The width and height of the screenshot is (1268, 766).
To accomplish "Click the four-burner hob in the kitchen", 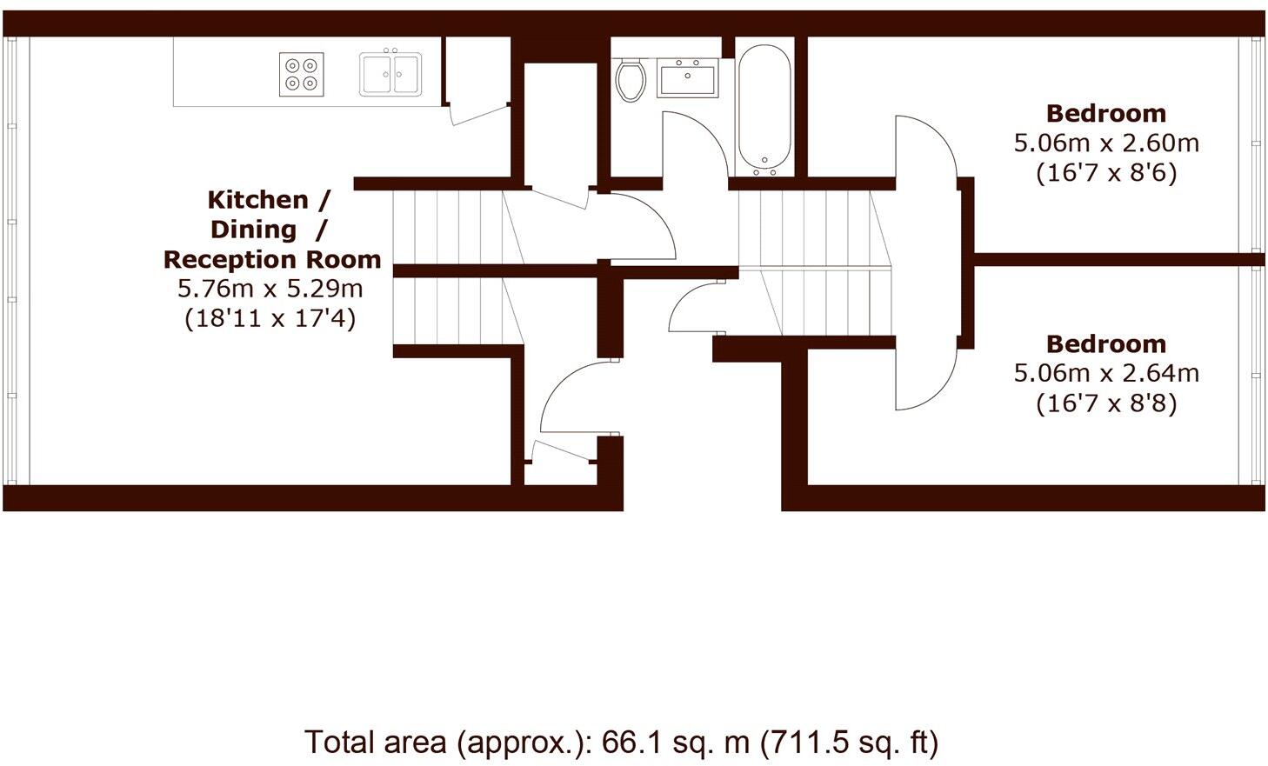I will [x=302, y=74].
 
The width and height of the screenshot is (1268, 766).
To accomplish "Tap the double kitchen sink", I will [x=390, y=74].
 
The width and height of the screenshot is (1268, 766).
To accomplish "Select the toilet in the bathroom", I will [x=631, y=79].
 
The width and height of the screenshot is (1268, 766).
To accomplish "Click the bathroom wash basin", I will [x=688, y=79].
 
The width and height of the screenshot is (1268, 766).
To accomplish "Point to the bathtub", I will [x=764, y=109].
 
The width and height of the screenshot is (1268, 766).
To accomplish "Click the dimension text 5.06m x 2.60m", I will [x=1106, y=143].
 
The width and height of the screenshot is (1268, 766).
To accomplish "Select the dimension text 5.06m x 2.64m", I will [x=1106, y=374].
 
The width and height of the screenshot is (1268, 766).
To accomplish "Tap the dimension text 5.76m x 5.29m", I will [x=270, y=289].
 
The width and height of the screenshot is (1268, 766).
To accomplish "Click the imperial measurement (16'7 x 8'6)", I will [x=1106, y=173].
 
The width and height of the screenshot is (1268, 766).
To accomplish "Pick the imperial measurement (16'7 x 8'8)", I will [x=1106, y=403].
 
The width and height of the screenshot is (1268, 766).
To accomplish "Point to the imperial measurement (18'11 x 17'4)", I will [x=270, y=318].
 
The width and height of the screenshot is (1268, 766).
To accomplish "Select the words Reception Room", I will [x=272, y=259].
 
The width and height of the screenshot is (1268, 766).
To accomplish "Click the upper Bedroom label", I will [x=1106, y=114].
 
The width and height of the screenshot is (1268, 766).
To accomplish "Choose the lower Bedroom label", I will [x=1106, y=344].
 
